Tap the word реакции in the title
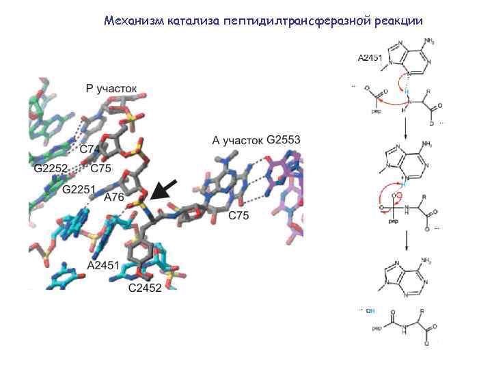[399, 20]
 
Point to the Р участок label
[110, 88]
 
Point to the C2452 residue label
[145, 288]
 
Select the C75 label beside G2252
[99, 166]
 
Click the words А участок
[236, 141]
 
